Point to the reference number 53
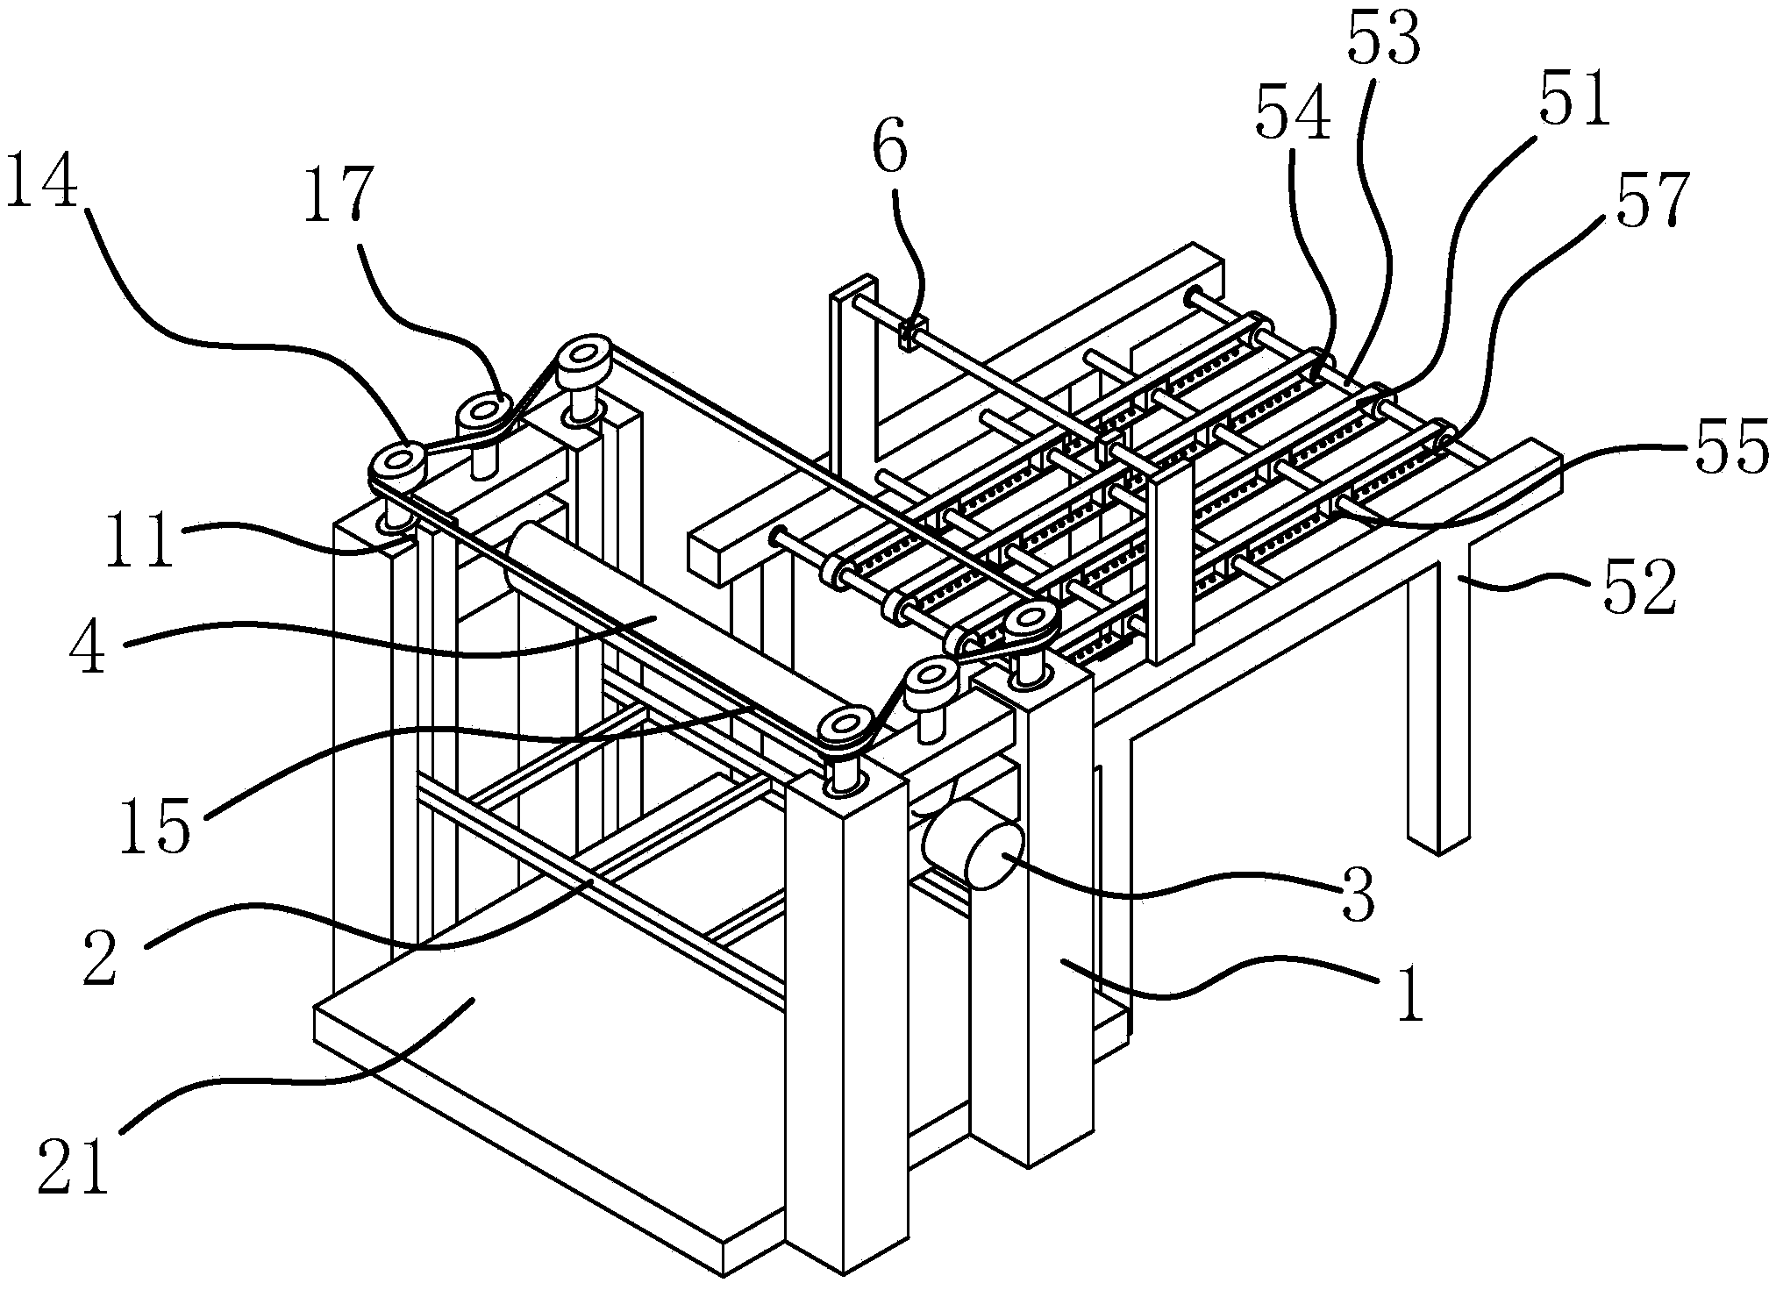1383,34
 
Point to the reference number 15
155,824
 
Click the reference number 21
74,1165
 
